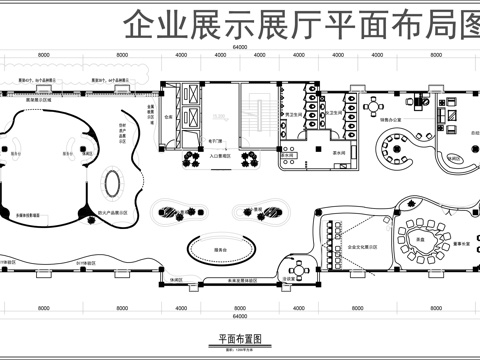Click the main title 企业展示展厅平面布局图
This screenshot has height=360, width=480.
point(300,23)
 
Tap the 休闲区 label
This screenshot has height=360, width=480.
point(176,280)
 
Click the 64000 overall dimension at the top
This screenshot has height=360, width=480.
point(240,47)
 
